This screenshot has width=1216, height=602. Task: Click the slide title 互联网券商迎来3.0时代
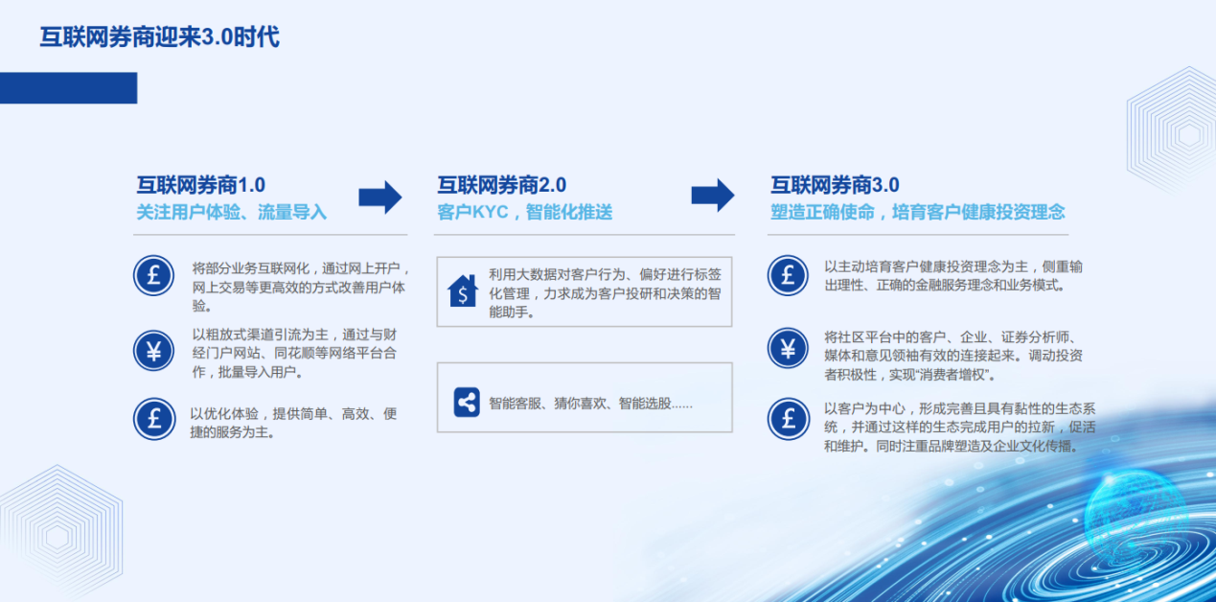click(x=160, y=37)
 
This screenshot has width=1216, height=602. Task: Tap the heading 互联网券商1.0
click(x=201, y=185)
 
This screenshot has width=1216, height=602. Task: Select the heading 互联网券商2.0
click(x=501, y=185)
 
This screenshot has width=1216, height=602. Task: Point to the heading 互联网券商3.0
click(x=835, y=185)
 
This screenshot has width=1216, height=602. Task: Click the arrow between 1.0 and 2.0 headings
click(x=380, y=197)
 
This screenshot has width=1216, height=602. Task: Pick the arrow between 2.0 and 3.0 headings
click(x=713, y=195)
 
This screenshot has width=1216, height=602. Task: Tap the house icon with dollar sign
click(x=463, y=291)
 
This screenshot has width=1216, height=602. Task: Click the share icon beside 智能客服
click(x=467, y=403)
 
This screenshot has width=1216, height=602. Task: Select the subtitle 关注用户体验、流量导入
click(x=231, y=212)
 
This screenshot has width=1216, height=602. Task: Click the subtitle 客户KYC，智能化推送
click(x=524, y=212)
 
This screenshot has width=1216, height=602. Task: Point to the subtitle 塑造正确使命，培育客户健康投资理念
click(x=917, y=212)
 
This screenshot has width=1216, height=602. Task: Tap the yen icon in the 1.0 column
click(x=154, y=351)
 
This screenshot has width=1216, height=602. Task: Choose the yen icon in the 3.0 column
click(x=788, y=349)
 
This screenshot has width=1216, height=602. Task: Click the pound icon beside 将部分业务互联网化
click(x=154, y=276)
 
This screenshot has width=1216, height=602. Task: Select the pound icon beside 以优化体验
click(x=154, y=419)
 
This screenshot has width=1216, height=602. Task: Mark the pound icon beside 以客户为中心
click(x=788, y=419)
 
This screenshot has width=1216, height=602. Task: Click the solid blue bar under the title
click(x=68, y=88)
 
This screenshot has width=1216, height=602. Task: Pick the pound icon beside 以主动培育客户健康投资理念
click(x=788, y=276)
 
